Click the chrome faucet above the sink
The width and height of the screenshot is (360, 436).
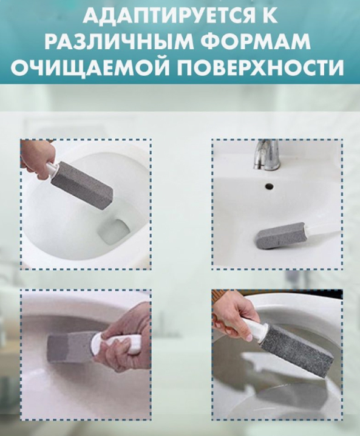click(266, 155)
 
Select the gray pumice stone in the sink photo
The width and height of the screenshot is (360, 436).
click(280, 233)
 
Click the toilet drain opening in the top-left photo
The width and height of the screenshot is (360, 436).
click(114, 229)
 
